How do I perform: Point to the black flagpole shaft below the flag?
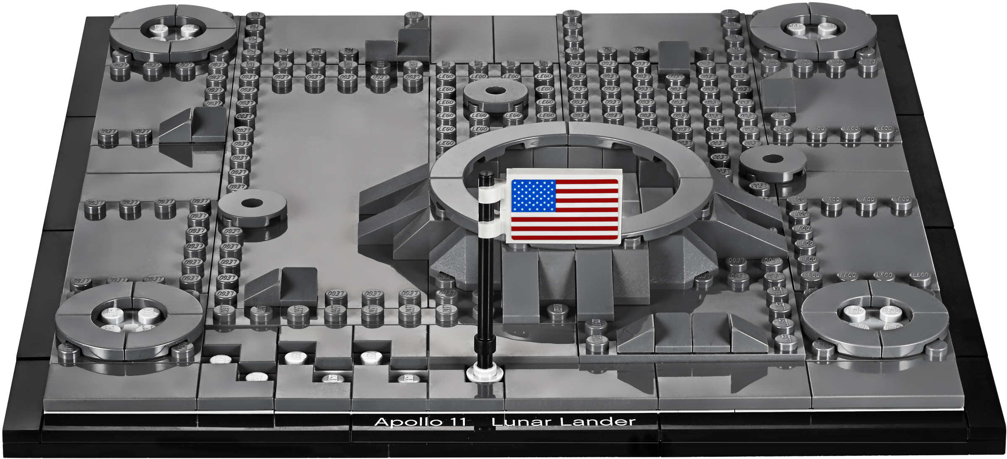coord(485,294)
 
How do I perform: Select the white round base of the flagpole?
coord(485,373)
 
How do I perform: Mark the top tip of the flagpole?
coord(486,173)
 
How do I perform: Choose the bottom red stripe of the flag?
coord(564,237)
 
